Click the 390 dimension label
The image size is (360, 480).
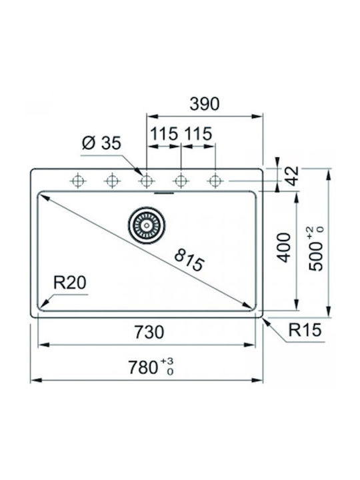coord(205,104)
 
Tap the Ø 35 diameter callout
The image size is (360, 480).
coord(101,143)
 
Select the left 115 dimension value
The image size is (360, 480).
coord(165,134)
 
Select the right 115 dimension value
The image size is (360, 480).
coord(198,134)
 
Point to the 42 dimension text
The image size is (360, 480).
coord(293,176)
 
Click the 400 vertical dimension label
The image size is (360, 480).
coord(285,247)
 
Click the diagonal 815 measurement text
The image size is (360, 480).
coord(189,260)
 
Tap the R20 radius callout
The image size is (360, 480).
coord(70,283)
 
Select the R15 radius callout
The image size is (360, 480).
coord(305,330)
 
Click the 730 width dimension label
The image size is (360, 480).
coord(149,332)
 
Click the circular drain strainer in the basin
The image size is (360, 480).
coord(146,226)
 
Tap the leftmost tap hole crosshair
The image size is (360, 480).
coord(78,181)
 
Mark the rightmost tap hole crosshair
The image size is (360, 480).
coord(215,181)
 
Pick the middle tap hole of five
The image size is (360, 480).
coord(146,181)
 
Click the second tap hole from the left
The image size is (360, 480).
coord(112,181)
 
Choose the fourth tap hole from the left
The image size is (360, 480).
coord(181,181)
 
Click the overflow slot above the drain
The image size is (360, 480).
coord(164,193)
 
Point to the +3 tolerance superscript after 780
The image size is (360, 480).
coord(167,361)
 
